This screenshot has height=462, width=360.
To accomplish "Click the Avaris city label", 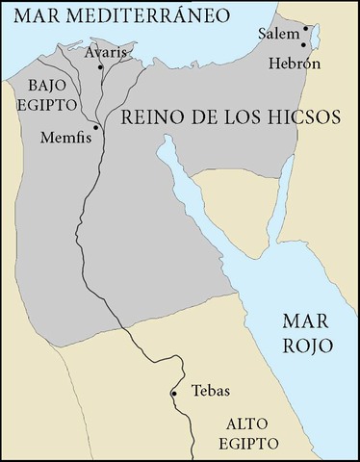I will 104,52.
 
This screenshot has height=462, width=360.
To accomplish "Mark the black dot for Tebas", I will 174,394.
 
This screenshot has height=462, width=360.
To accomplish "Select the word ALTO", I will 245,423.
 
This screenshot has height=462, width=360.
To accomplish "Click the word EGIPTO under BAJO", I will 46,101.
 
